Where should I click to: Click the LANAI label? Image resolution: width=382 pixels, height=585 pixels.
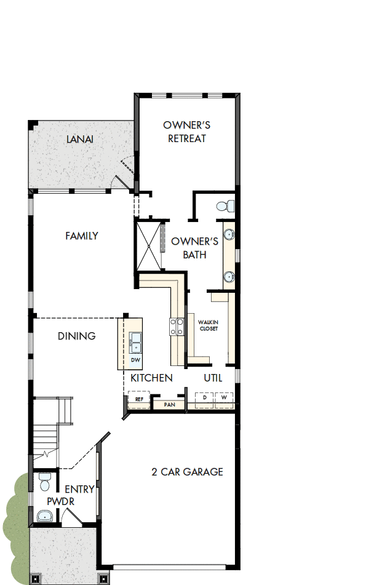click(80, 139)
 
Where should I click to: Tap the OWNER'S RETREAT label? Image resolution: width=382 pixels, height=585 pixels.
click(187, 132)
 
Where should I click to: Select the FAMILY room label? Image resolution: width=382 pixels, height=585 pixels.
click(82, 236)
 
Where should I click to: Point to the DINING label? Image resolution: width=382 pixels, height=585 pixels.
click(77, 336)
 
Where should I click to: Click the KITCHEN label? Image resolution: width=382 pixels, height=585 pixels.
click(151, 378)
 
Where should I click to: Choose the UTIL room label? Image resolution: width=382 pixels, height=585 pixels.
click(213, 378)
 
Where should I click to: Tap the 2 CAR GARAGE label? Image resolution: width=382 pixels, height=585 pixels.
click(187, 472)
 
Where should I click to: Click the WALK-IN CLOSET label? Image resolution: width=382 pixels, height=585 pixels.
click(208, 325)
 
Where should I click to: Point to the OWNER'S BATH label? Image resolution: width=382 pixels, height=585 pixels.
click(194, 248)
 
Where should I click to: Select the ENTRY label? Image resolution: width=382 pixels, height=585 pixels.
click(79, 490)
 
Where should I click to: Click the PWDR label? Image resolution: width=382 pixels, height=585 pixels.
click(61, 502)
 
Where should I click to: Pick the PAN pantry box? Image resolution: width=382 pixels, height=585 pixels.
click(169, 405)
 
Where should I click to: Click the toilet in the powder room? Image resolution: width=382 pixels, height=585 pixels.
click(45, 480)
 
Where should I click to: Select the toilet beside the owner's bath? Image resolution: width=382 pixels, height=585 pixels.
click(226, 205)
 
